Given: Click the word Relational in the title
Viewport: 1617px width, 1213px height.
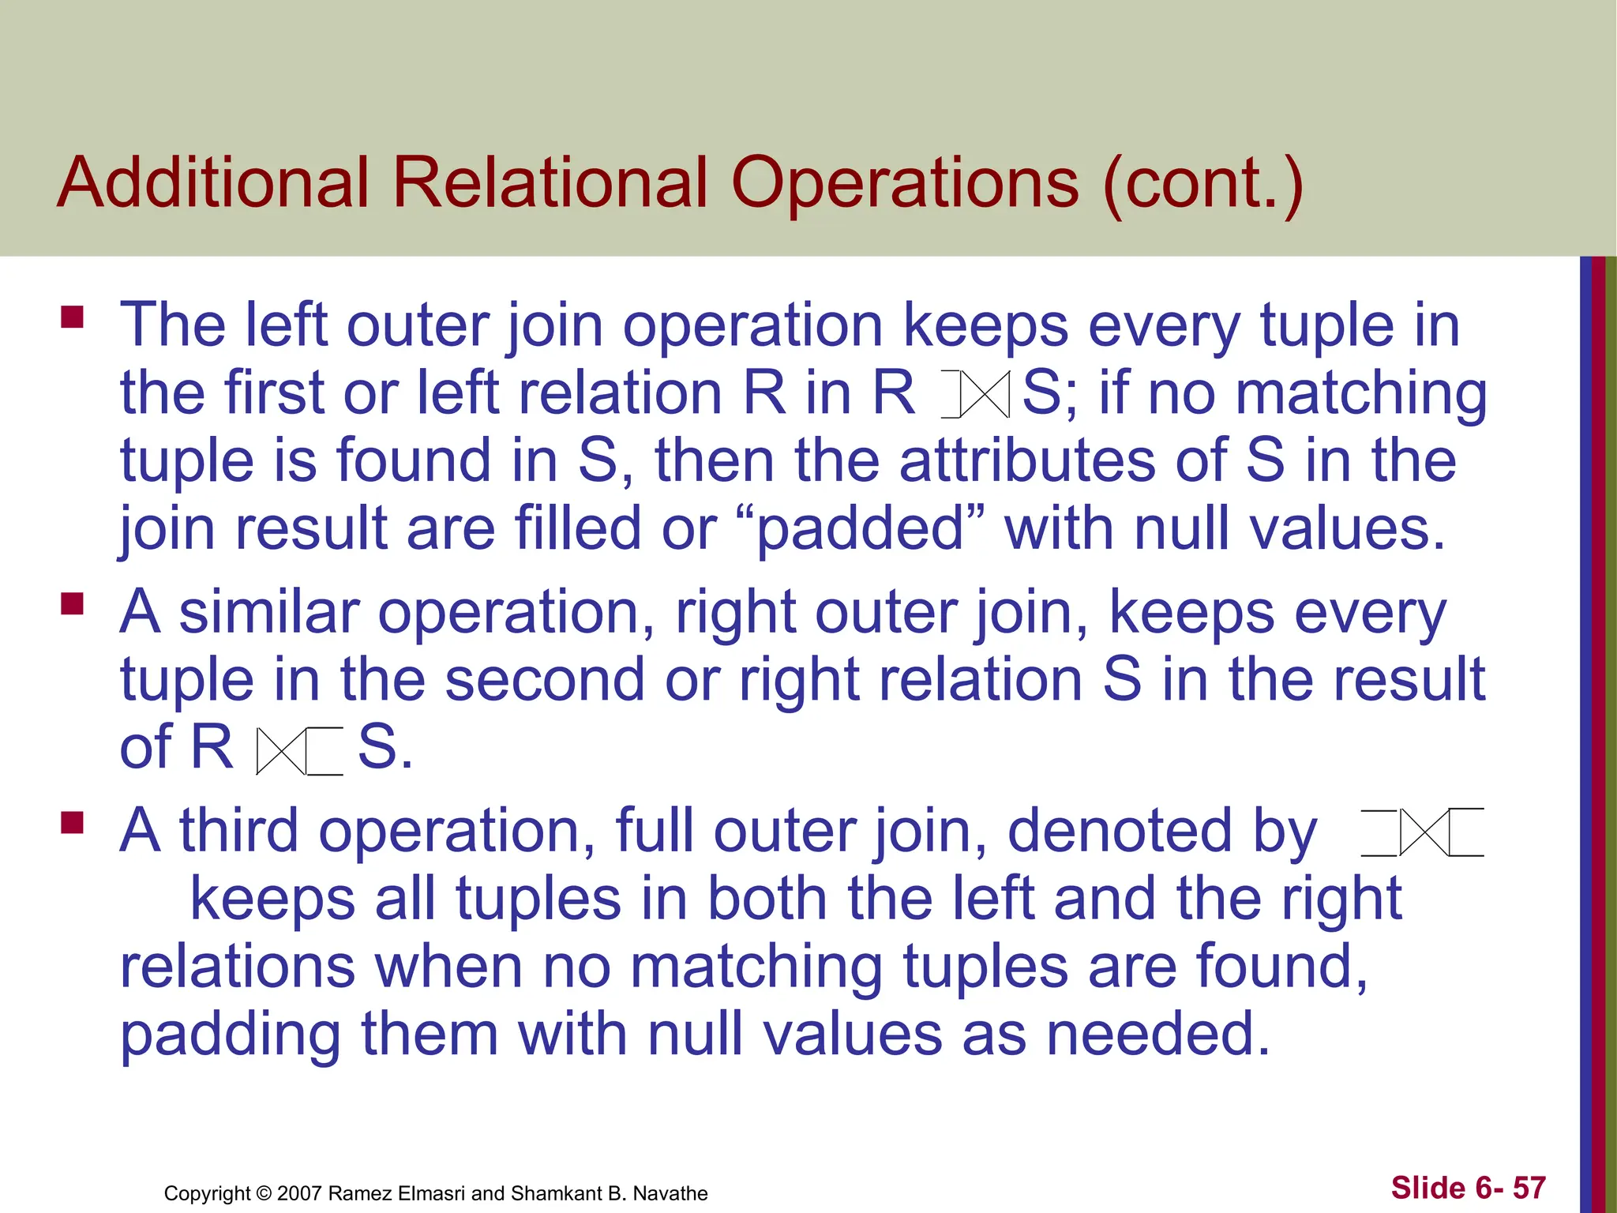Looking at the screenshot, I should pos(550,183).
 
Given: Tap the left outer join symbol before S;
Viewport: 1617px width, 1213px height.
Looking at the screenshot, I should pos(976,393).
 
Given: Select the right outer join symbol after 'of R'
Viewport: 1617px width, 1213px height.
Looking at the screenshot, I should pos(300,750).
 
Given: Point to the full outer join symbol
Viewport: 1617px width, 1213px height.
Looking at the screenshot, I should pos(1423,832).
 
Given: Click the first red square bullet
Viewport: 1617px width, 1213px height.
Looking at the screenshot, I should pos(72,317).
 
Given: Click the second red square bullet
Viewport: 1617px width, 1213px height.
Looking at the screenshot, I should pos(72,604).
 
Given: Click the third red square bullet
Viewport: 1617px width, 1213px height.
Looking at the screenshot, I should pos(72,824).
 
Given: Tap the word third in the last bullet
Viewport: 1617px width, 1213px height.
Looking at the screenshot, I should pos(238,831).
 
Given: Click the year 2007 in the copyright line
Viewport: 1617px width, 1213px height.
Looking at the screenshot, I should pos(299,1193).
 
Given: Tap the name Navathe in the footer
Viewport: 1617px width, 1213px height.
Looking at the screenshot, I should pos(670,1193).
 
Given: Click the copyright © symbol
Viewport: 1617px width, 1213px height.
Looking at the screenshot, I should pos(264,1193).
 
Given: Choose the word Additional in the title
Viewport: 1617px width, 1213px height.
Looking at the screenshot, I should pos(213,183).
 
